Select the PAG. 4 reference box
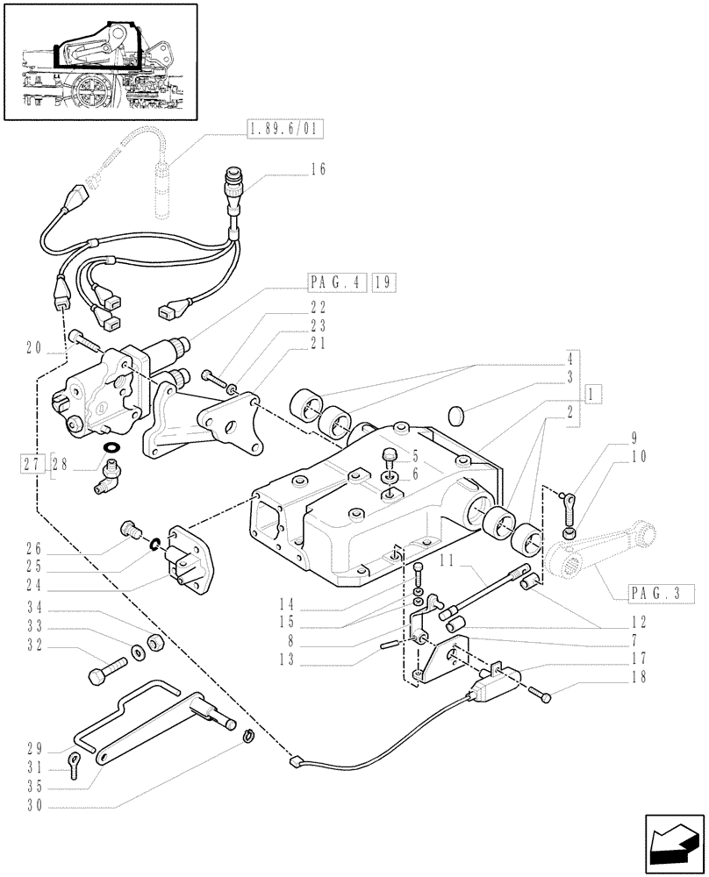coord(337,282)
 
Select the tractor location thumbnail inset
coord(99,61)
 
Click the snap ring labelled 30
coord(248,734)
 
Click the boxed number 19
coord(383,282)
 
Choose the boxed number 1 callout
coord(594,394)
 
